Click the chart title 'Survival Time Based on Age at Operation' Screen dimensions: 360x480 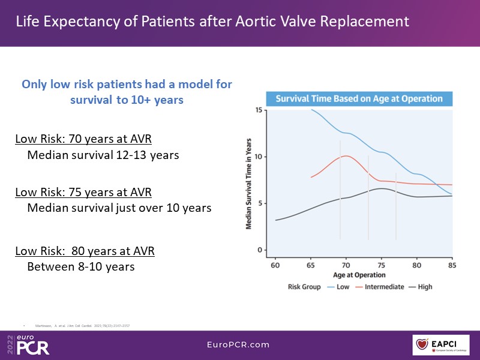click(359, 98)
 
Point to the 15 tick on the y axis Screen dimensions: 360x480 click(258, 110)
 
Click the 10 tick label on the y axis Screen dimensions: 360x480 click(258, 157)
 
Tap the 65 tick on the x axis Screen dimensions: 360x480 click(311, 265)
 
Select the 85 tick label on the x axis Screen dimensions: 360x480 click(452, 265)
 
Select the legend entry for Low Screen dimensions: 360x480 click(340, 287)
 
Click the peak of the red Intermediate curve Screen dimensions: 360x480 click(346, 156)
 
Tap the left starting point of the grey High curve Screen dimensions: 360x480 click(276, 220)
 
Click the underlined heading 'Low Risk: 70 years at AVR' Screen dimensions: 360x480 click(83, 140)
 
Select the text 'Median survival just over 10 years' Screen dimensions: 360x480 click(119, 208)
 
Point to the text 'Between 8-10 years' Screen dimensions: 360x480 click(81, 266)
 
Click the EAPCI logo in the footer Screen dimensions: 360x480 click(440, 344)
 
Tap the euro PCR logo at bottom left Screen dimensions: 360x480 click(30, 344)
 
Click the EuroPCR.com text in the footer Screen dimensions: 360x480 click(239, 344)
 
